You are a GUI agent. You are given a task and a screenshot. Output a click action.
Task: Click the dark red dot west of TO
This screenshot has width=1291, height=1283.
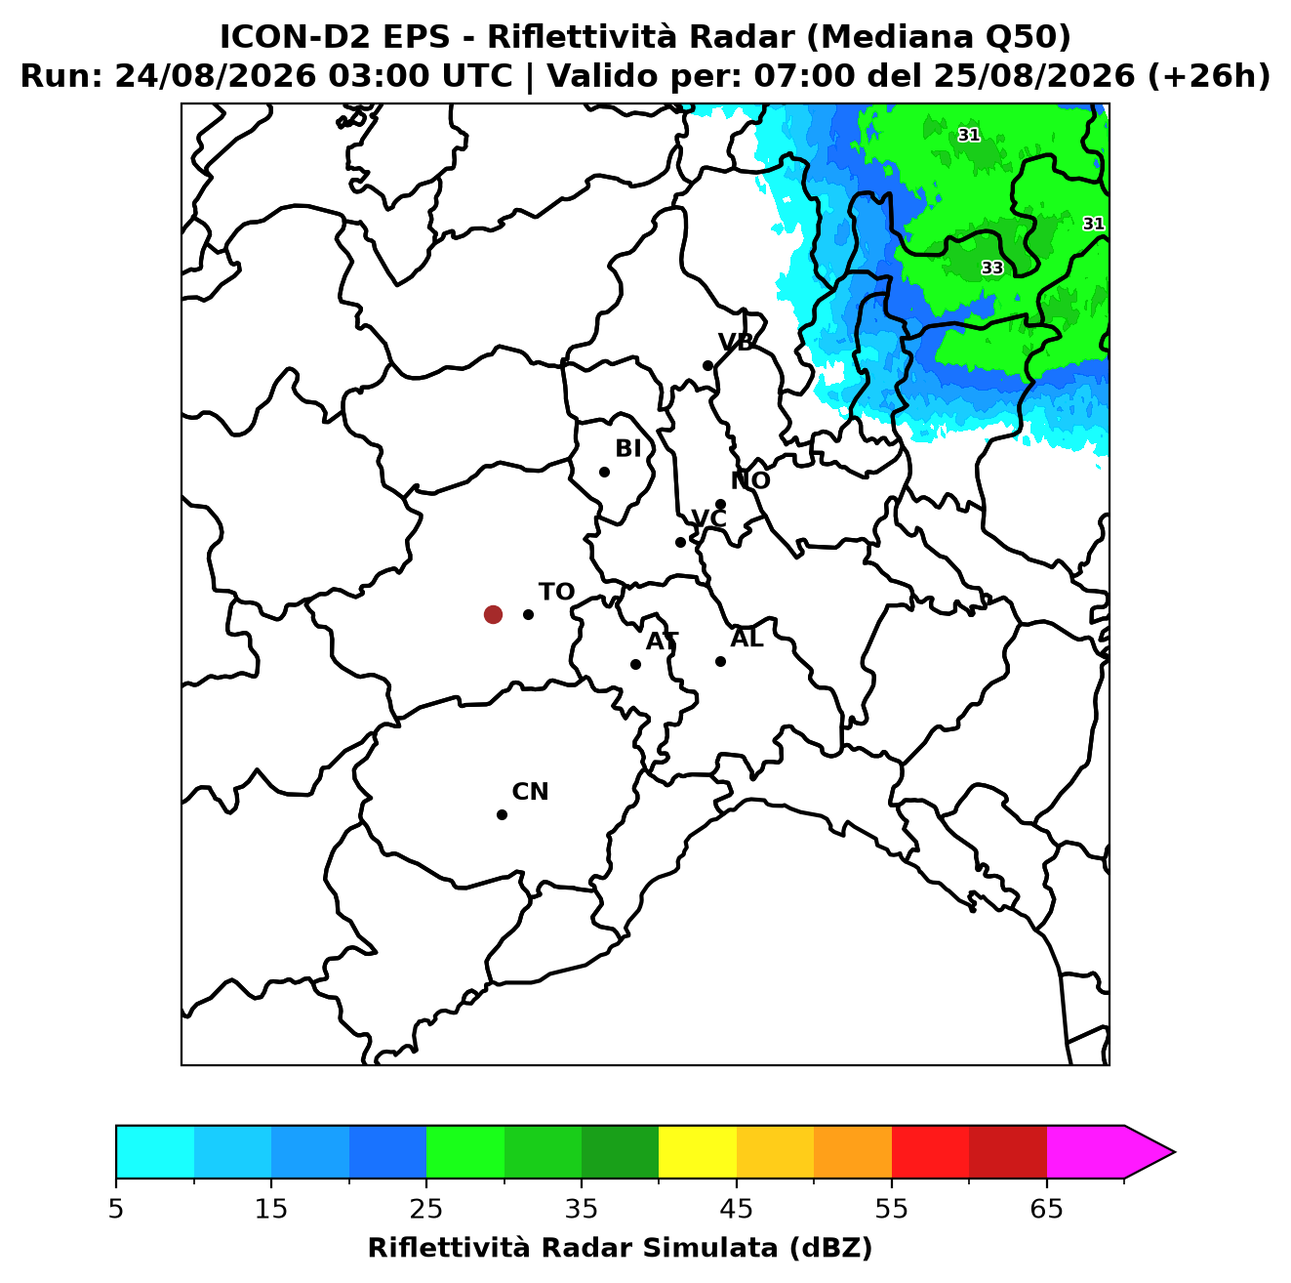493,613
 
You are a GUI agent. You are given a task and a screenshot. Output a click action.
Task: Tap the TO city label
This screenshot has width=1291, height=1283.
556,592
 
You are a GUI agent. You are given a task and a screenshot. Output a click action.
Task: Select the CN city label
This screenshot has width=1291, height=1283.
530,792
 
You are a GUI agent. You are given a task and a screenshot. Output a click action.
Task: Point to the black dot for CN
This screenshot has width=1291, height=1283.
502,814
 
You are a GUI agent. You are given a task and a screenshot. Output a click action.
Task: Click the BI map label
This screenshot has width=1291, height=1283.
627,448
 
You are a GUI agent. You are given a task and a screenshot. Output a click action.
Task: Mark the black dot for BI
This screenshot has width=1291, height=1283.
604,472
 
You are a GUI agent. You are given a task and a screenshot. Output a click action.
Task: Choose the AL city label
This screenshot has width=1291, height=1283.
746,638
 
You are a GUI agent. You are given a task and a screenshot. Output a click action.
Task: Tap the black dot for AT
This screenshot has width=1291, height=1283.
635,664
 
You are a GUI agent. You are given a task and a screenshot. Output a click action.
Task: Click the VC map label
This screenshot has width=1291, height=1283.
708,517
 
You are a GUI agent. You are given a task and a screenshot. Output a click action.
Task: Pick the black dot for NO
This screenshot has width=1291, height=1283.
720,504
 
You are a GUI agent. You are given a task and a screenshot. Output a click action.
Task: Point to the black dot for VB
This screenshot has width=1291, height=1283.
707,365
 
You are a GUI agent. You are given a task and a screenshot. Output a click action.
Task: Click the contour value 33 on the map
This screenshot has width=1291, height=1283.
991,268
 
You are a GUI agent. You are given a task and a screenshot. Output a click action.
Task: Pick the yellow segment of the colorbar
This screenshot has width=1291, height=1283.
697,1151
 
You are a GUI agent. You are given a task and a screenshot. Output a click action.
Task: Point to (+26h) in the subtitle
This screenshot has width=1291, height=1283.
1208,76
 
